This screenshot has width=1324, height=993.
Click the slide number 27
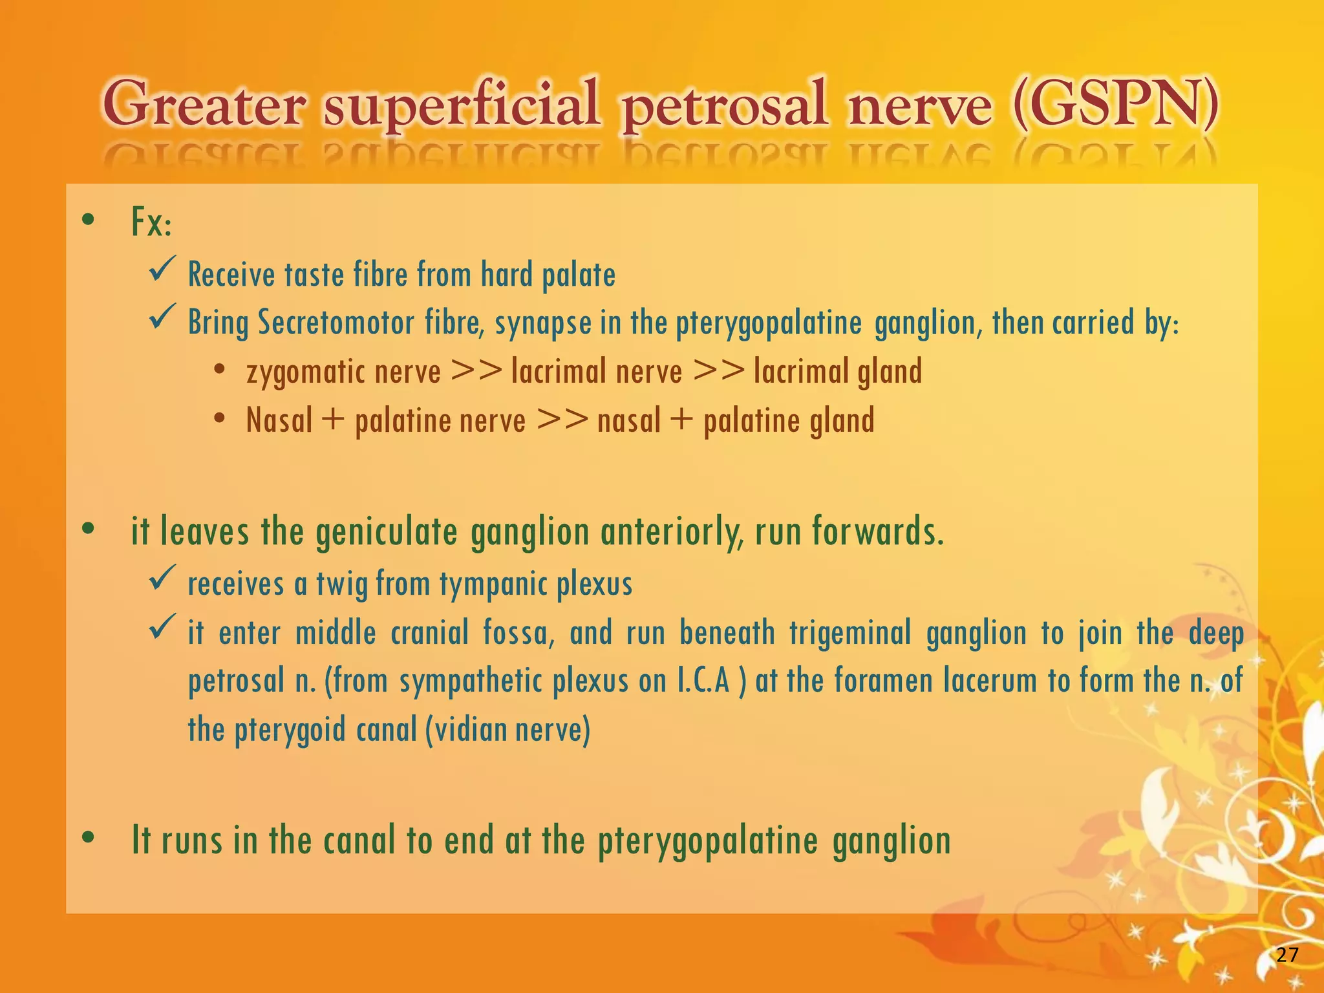pyautogui.click(x=1287, y=954)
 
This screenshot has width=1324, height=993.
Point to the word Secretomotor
pyautogui.click(x=336, y=323)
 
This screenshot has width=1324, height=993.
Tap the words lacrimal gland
pyautogui.click(x=838, y=372)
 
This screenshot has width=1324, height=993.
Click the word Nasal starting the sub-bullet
pyautogui.click(x=279, y=420)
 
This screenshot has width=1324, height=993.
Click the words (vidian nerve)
pyautogui.click(x=507, y=730)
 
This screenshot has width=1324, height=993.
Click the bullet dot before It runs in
pyautogui.click(x=89, y=838)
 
